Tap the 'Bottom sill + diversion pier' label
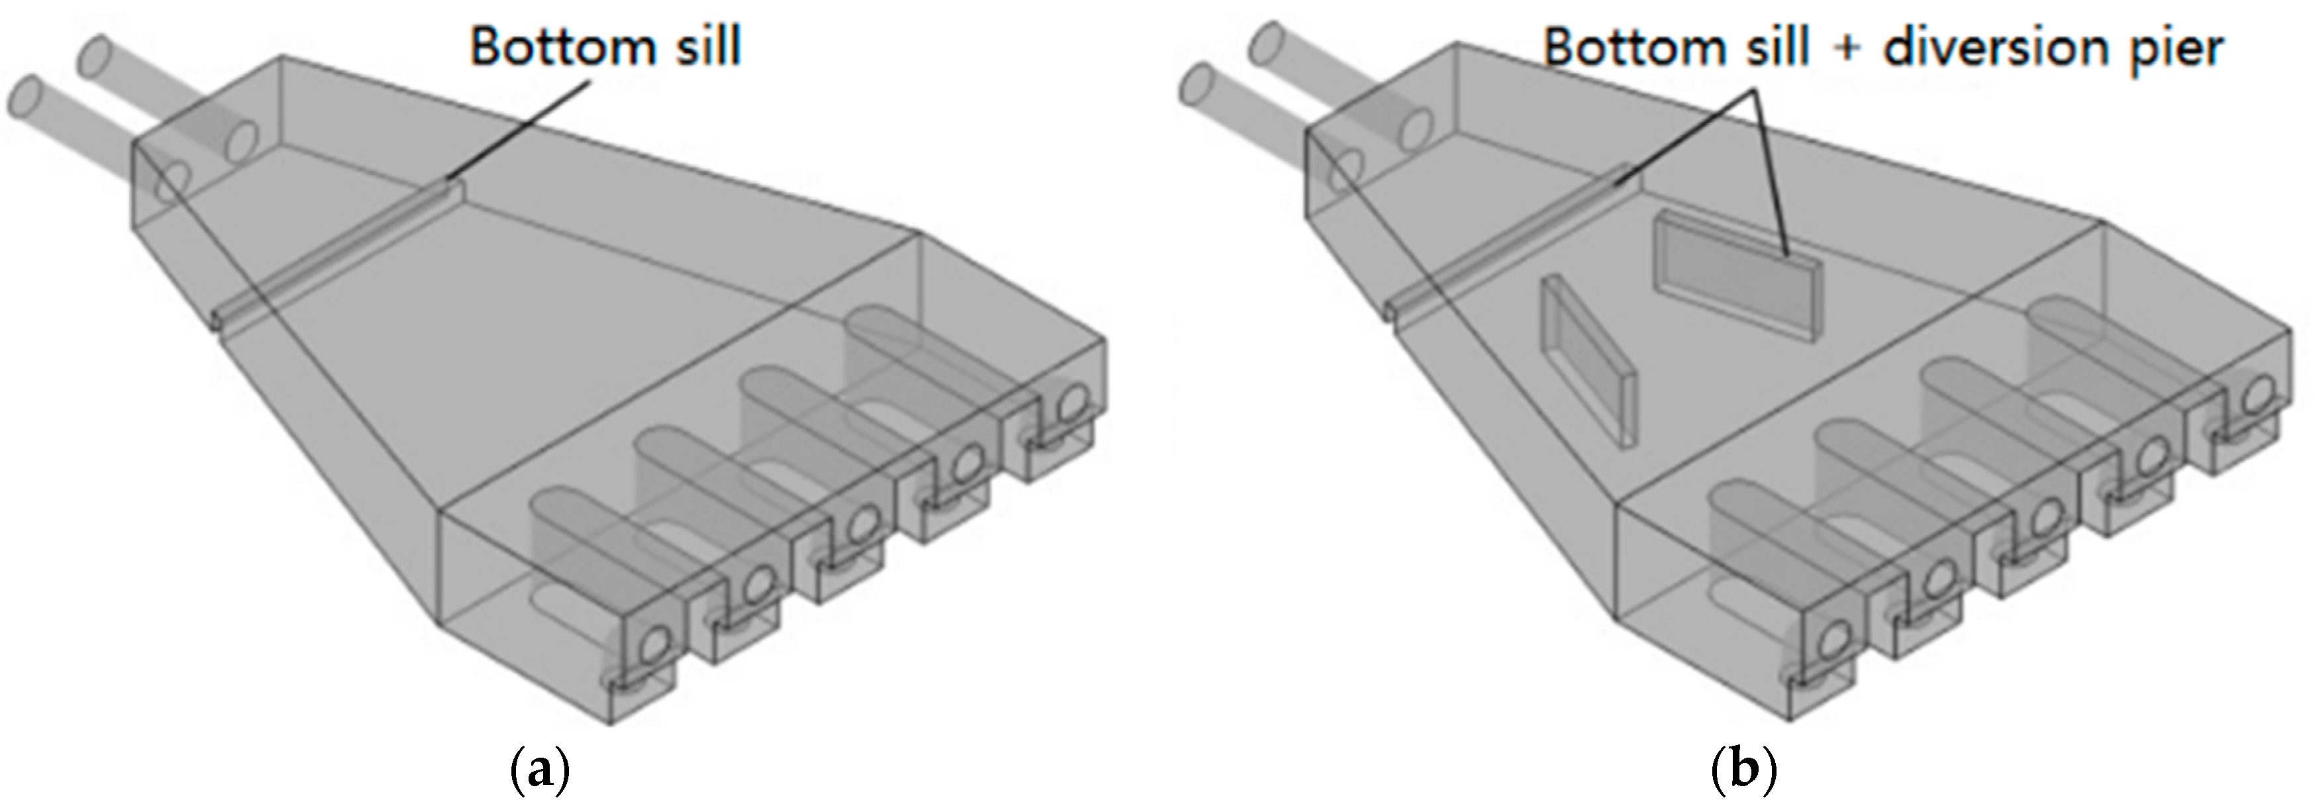click(x=1883, y=47)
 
